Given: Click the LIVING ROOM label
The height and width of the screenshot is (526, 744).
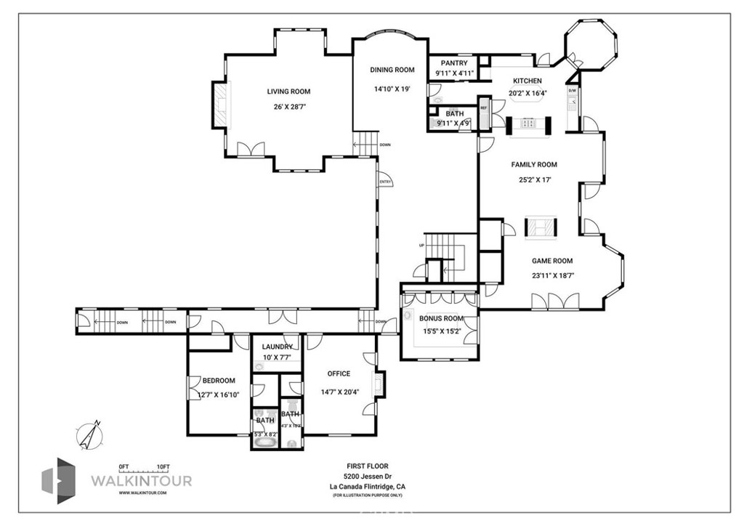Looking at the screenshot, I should tap(288, 92).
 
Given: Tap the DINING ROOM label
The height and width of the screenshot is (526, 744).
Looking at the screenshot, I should tap(392, 70).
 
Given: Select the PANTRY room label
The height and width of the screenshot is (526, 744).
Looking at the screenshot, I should tap(454, 64).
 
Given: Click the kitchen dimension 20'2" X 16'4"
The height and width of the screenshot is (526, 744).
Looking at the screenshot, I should tap(527, 92).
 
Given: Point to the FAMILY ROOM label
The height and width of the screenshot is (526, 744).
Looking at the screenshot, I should tap(533, 165).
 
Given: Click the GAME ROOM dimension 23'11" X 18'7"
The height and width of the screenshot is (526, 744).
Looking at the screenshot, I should tap(552, 275).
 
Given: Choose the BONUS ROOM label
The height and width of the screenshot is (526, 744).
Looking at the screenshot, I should tap(441, 318).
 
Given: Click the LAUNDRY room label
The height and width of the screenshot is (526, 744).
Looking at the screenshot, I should tap(278, 347).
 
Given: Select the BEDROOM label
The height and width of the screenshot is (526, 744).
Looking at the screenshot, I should tap(219, 381).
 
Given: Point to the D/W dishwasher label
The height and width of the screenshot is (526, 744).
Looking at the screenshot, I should tap(573, 91).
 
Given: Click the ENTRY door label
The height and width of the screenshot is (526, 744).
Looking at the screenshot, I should tap(384, 182).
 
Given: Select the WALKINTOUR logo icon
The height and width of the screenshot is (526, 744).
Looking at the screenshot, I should tap(57, 481).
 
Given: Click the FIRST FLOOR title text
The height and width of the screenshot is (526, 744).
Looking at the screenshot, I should tap(367, 466).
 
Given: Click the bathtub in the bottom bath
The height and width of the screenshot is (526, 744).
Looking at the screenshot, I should tap(264, 440).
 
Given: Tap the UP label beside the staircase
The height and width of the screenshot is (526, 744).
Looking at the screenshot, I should tap(421, 245).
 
